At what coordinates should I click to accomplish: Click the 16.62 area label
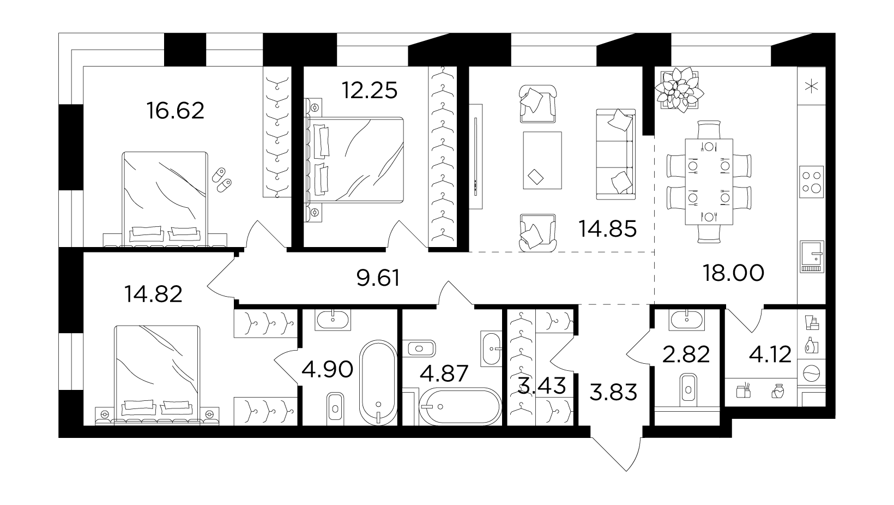pos(175,111)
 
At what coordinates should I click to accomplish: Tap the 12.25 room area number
pos(370,90)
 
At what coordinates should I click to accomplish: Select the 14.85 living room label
pos(607,229)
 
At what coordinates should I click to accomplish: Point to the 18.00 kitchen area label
pos(734,273)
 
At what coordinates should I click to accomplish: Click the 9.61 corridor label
pos(378,278)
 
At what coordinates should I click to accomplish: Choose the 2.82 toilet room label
pos(686,354)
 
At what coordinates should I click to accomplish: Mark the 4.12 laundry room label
pos(770,354)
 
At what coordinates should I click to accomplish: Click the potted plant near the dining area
pos(679,90)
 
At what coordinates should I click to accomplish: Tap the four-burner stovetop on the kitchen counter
pos(812,182)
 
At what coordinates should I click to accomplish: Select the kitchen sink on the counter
pos(812,257)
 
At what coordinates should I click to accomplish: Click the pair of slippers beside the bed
pos(221,180)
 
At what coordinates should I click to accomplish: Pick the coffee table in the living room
pos(542,160)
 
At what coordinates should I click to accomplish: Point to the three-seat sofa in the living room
pos(616,154)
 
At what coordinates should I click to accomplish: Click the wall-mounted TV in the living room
pos(475,157)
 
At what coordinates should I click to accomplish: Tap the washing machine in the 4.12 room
pos(811,374)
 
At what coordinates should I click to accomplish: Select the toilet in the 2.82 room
pos(688,387)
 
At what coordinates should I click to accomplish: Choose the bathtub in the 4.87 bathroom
pos(460,406)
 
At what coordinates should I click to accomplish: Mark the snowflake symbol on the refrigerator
pos(811,86)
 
